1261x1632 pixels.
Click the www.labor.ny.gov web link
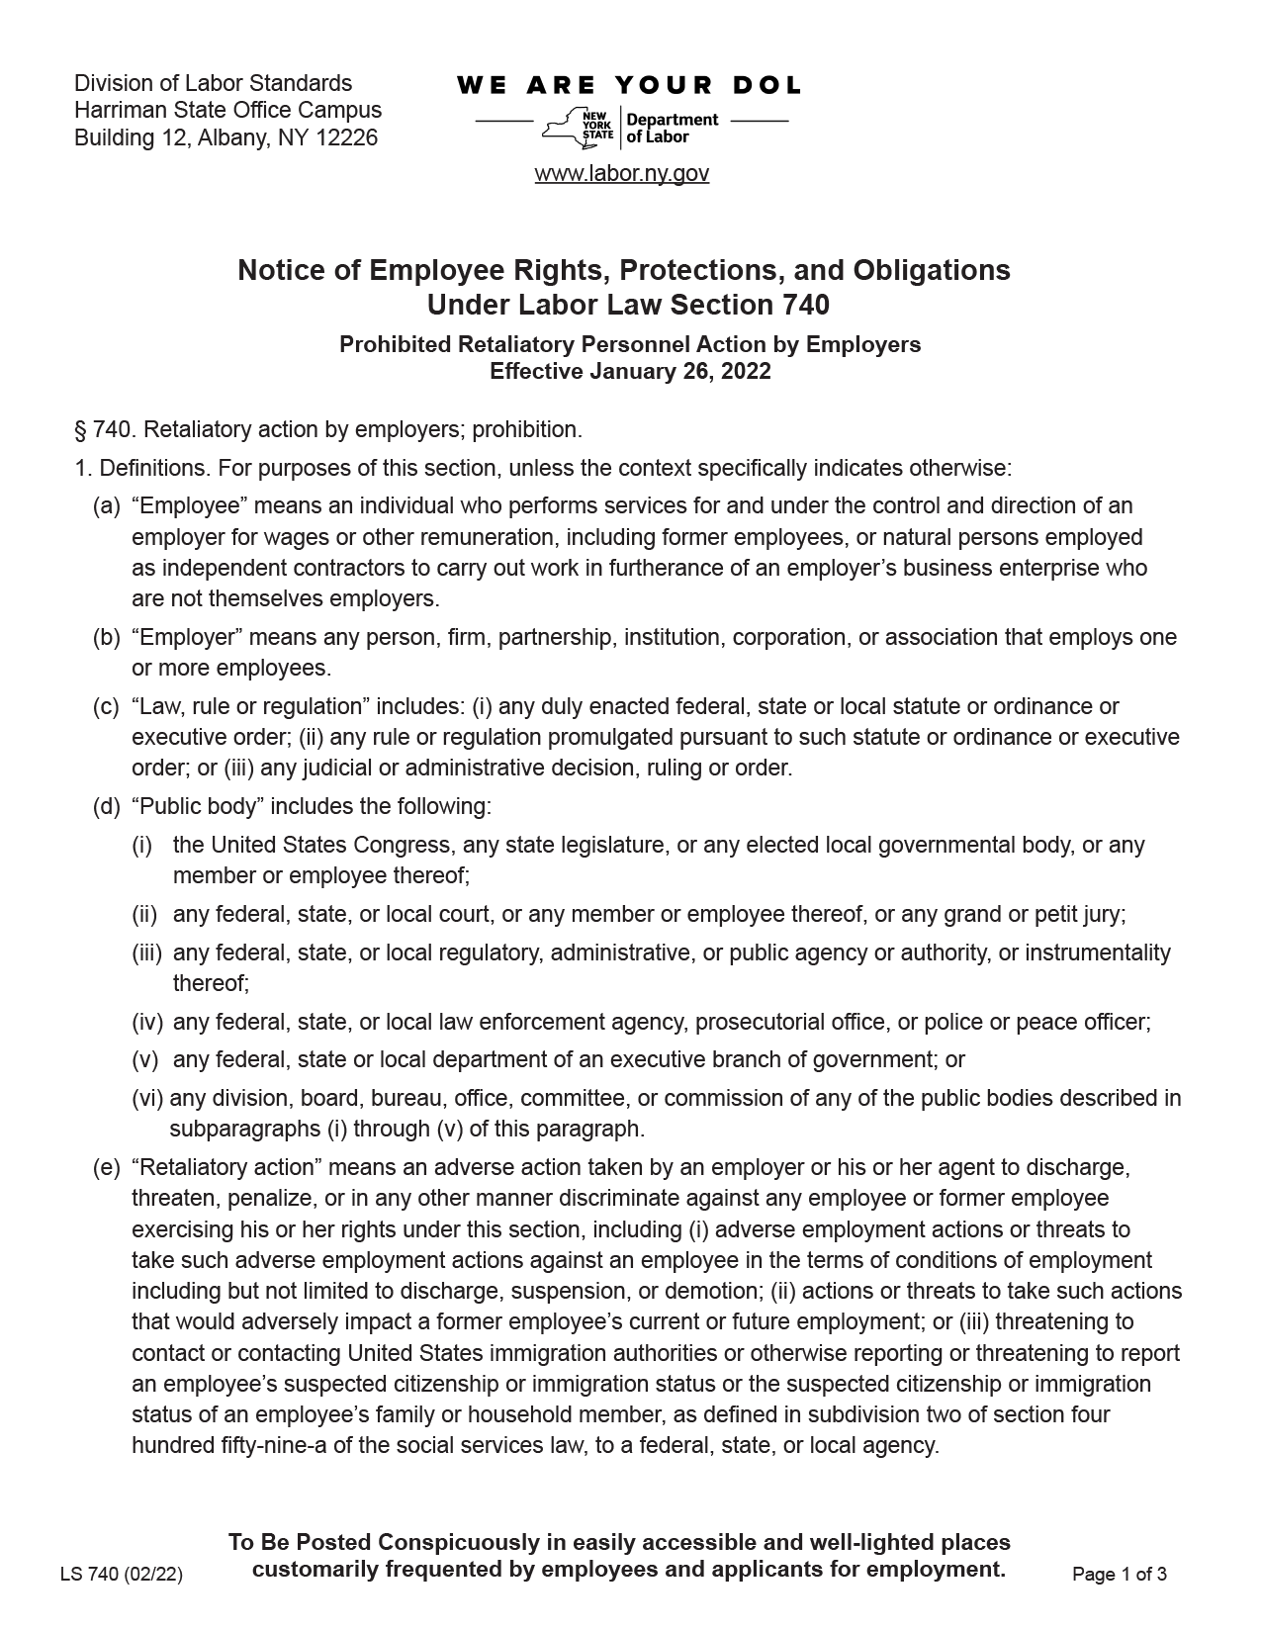coord(621,174)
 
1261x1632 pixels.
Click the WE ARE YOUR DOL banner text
coord(629,86)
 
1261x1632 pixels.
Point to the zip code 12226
coord(346,138)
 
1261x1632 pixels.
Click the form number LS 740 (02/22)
coord(122,1575)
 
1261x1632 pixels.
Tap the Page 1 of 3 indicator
coord(1120,1575)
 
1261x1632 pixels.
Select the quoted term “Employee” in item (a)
coord(188,506)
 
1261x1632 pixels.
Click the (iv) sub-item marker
coord(147,1022)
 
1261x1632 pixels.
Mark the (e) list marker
coord(106,1168)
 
